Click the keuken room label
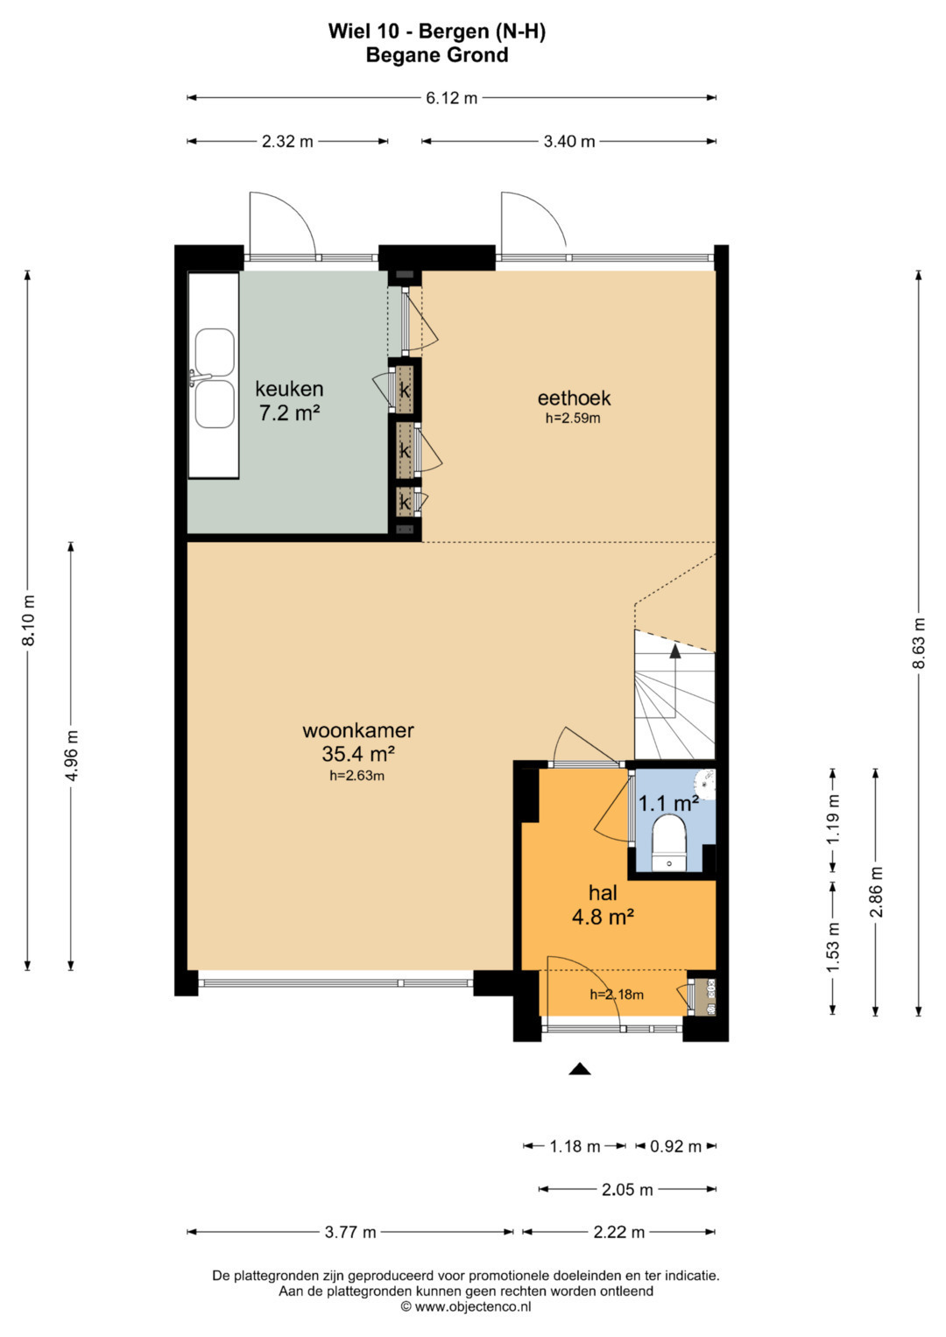pos(290,389)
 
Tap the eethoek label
pos(574,398)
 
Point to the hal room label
pos(603,893)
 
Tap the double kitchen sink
pos(215,378)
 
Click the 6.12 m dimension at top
pos(451,97)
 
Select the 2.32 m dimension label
pos(287,142)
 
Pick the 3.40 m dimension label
pos(569,142)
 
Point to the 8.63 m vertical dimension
pos(919,643)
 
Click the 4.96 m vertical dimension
pos(71,755)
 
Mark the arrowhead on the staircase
pos(674,651)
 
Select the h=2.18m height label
pos(617,995)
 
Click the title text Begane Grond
pos(437,55)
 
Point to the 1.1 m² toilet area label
pos(669,804)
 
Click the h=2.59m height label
pos(573,418)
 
